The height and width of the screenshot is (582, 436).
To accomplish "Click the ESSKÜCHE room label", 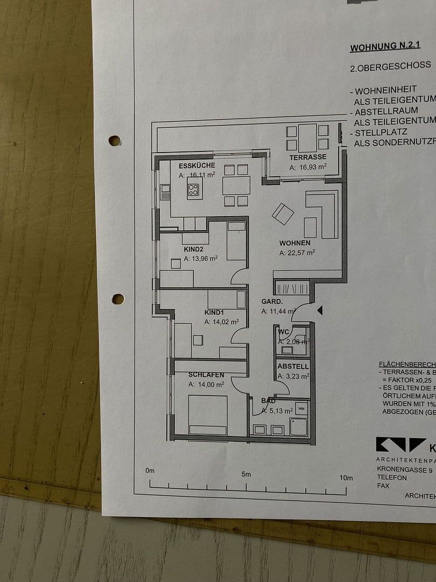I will tap(197, 165).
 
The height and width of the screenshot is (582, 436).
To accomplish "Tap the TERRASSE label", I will tap(308, 157).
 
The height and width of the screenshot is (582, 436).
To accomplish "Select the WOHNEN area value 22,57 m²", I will tap(297, 252).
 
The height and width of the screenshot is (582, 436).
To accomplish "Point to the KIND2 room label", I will tap(193, 249).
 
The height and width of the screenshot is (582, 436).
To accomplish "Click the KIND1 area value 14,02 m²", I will tap(221, 322).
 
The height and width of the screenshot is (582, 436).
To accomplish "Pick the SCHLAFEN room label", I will tap(206, 375).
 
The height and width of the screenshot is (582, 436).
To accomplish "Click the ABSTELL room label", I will tap(293, 366).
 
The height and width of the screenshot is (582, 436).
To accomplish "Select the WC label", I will tap(284, 330).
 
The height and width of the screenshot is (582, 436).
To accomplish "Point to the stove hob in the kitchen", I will tap(193, 189).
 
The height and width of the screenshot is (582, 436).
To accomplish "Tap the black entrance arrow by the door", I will tap(320, 310).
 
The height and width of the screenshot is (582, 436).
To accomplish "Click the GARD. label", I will tap(272, 302).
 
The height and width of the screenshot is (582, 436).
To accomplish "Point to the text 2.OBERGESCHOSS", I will tap(390, 66).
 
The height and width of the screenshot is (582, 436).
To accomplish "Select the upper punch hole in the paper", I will tap(115, 141).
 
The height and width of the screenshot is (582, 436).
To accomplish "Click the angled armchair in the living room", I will tap(283, 214).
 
